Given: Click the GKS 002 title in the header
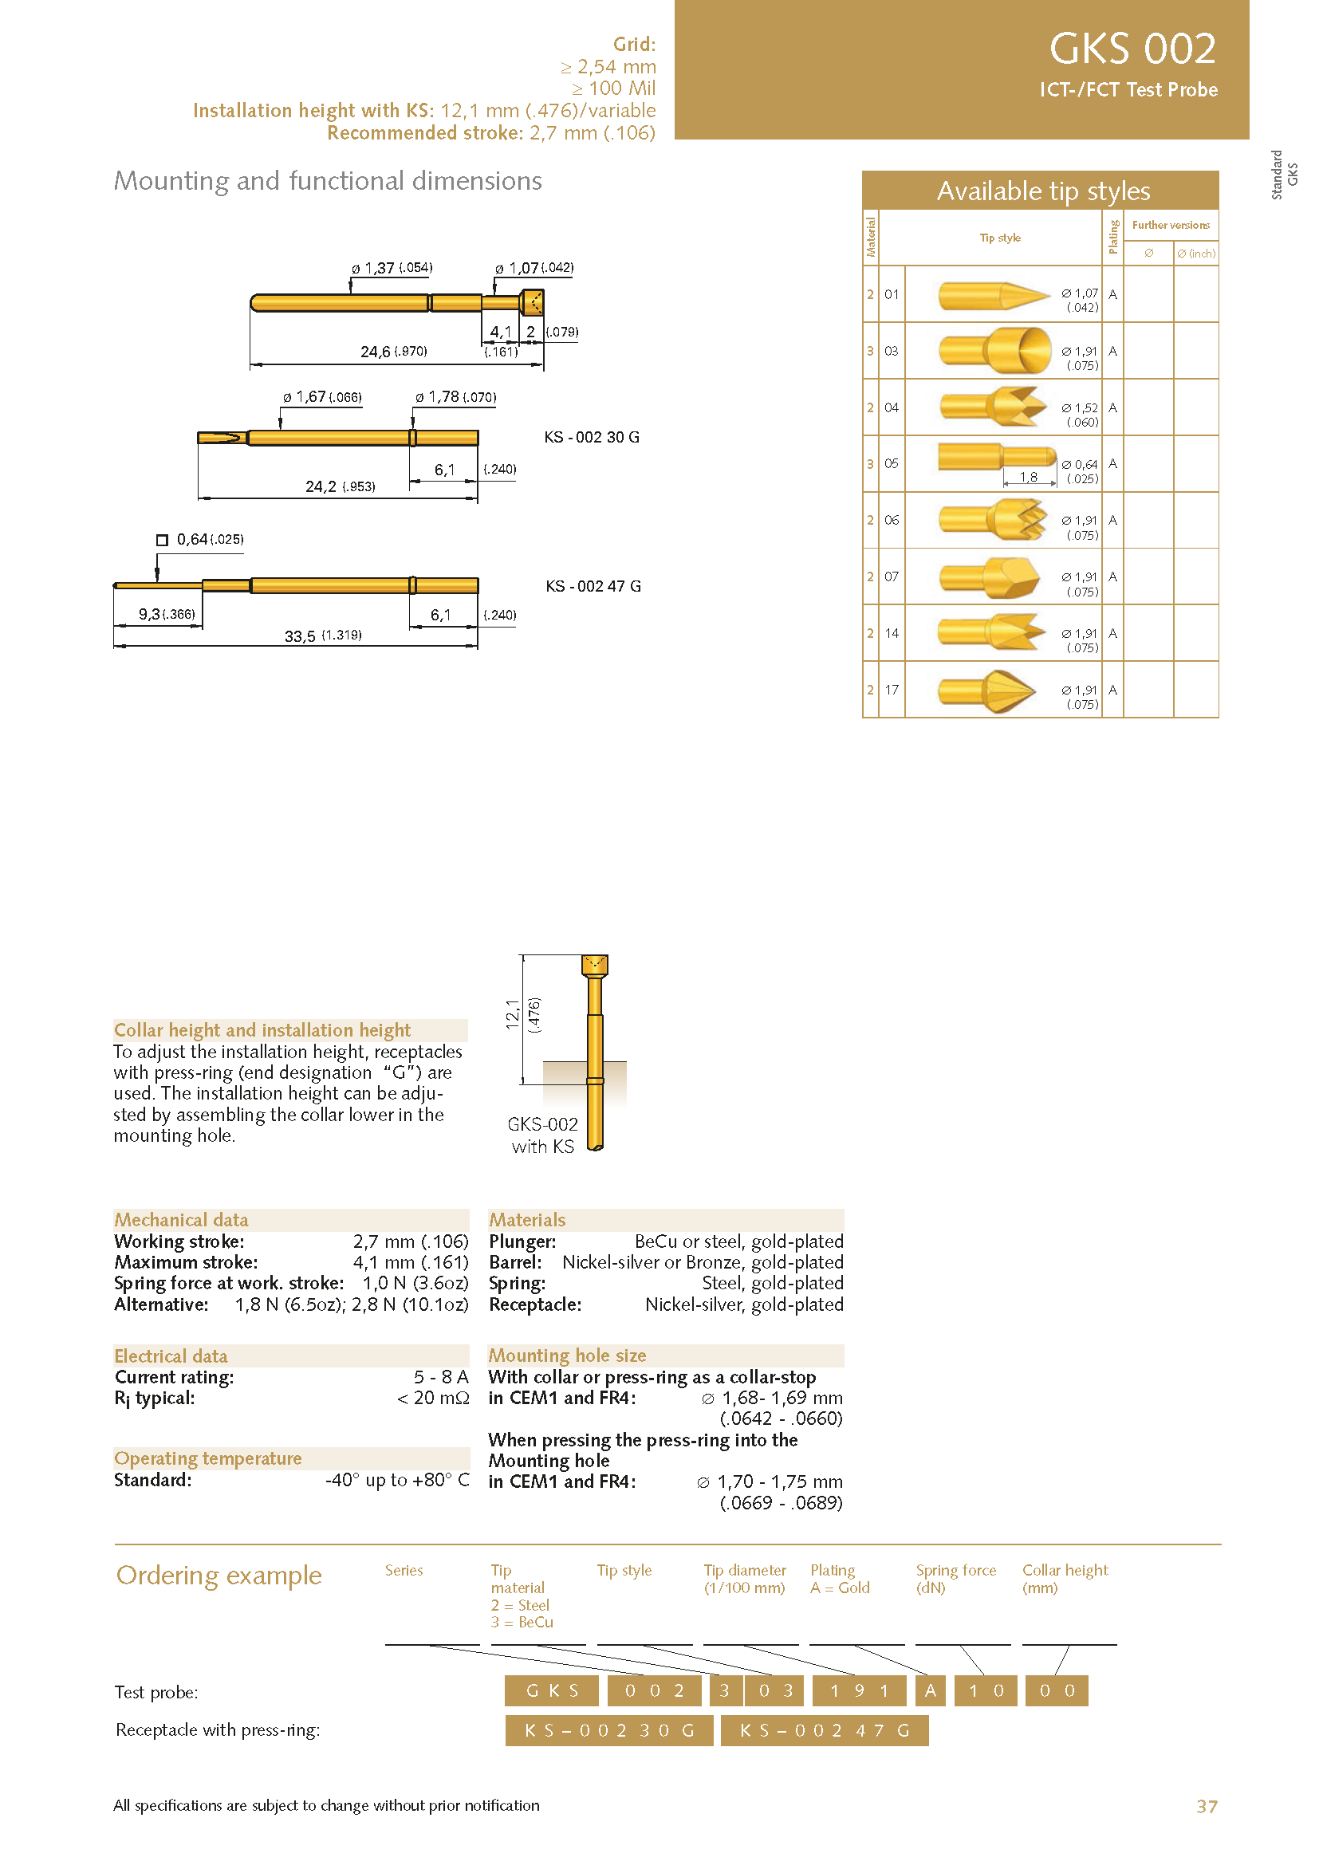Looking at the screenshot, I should (x=1132, y=49).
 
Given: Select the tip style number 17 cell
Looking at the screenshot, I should (x=891, y=690).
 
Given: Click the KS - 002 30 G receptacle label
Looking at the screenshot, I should (x=591, y=437).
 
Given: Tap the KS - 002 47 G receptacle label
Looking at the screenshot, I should (x=593, y=586).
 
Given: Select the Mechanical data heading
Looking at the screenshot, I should (x=181, y=1219).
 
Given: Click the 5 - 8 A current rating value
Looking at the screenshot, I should (x=440, y=1377).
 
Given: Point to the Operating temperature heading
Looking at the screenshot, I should (x=208, y=1458).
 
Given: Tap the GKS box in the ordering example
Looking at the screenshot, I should (x=552, y=1691).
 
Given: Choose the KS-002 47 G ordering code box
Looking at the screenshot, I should (x=824, y=1730).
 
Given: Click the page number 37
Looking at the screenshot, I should (x=1206, y=1806).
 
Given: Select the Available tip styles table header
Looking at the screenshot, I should (x=1043, y=191).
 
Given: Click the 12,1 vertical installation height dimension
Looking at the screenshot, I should (x=513, y=1015).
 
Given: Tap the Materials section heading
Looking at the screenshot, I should (x=527, y=1219).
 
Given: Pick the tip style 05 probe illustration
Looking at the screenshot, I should (x=996, y=458).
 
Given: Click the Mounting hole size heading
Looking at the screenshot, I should (x=567, y=1355).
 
